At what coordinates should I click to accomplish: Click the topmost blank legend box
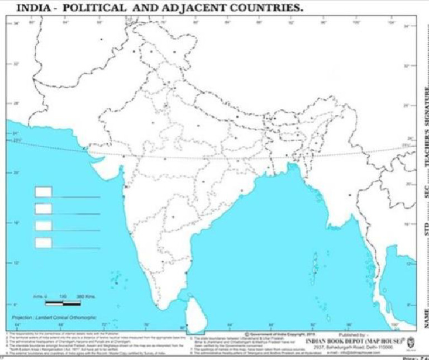43,192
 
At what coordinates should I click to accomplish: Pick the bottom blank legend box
43,242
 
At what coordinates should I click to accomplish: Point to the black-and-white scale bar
63,303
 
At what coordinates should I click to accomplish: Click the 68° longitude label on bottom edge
61,325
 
